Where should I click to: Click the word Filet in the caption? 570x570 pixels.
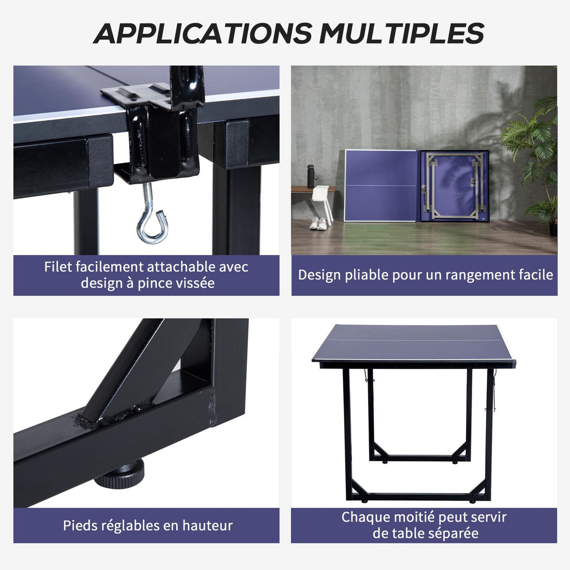(58, 267)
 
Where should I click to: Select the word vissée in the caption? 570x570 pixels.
(194, 283)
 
